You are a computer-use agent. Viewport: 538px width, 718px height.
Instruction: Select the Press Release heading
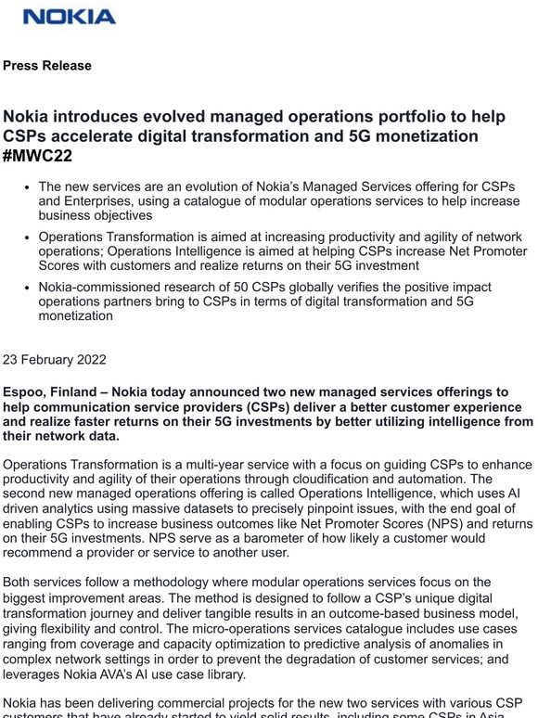pyautogui.click(x=47, y=66)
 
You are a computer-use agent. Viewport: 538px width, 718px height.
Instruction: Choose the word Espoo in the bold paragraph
pyautogui.click(x=25, y=392)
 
